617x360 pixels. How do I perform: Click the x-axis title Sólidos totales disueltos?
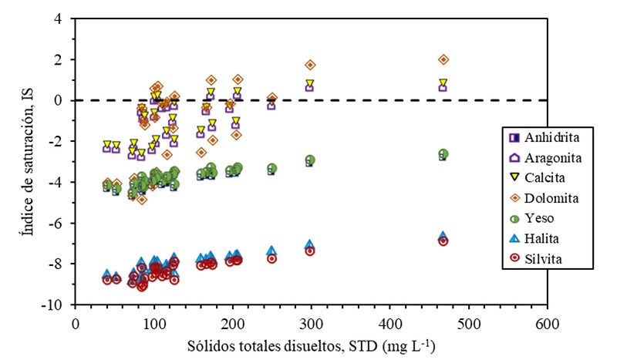pos(310,344)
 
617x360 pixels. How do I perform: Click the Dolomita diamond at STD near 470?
pos(443,59)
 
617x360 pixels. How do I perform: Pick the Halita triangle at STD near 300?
pos(309,244)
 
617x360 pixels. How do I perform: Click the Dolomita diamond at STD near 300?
pos(310,65)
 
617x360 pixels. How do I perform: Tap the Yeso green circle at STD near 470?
pos(443,154)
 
